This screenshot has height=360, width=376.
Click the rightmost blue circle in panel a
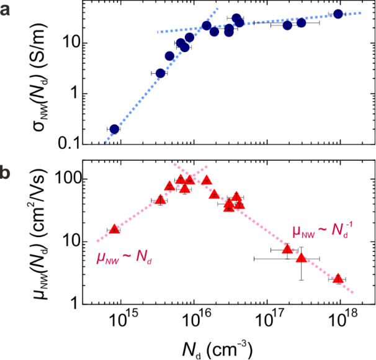[338, 14]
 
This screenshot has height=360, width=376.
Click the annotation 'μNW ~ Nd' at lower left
[124, 256]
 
